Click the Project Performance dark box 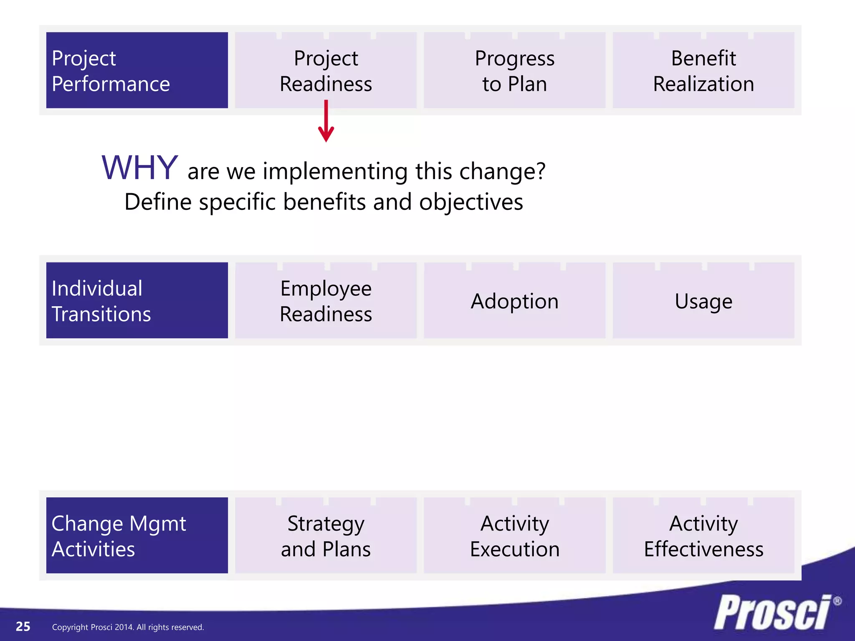(x=137, y=70)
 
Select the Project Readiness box (x=326, y=70)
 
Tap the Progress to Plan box (x=514, y=70)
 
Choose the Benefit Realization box (x=703, y=70)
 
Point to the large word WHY (x=140, y=168)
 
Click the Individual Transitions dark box (x=137, y=300)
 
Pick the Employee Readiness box (x=326, y=300)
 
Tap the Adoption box (x=514, y=300)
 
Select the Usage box (x=703, y=300)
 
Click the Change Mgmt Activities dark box (x=137, y=535)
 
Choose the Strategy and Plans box (x=326, y=535)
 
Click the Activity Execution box (x=514, y=535)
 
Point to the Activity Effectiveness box (x=703, y=535)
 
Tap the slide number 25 (x=23, y=626)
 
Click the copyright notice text (x=128, y=627)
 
